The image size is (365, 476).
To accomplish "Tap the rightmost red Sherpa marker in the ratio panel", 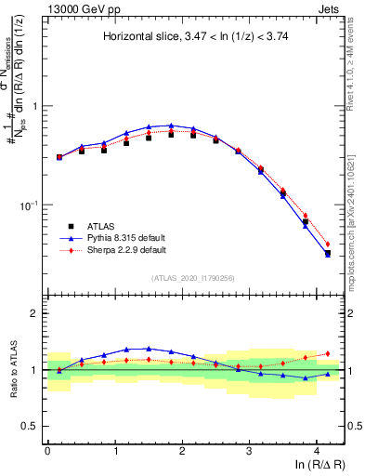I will coord(328,353).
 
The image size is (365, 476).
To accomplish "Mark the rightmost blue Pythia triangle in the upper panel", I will coord(328,253).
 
